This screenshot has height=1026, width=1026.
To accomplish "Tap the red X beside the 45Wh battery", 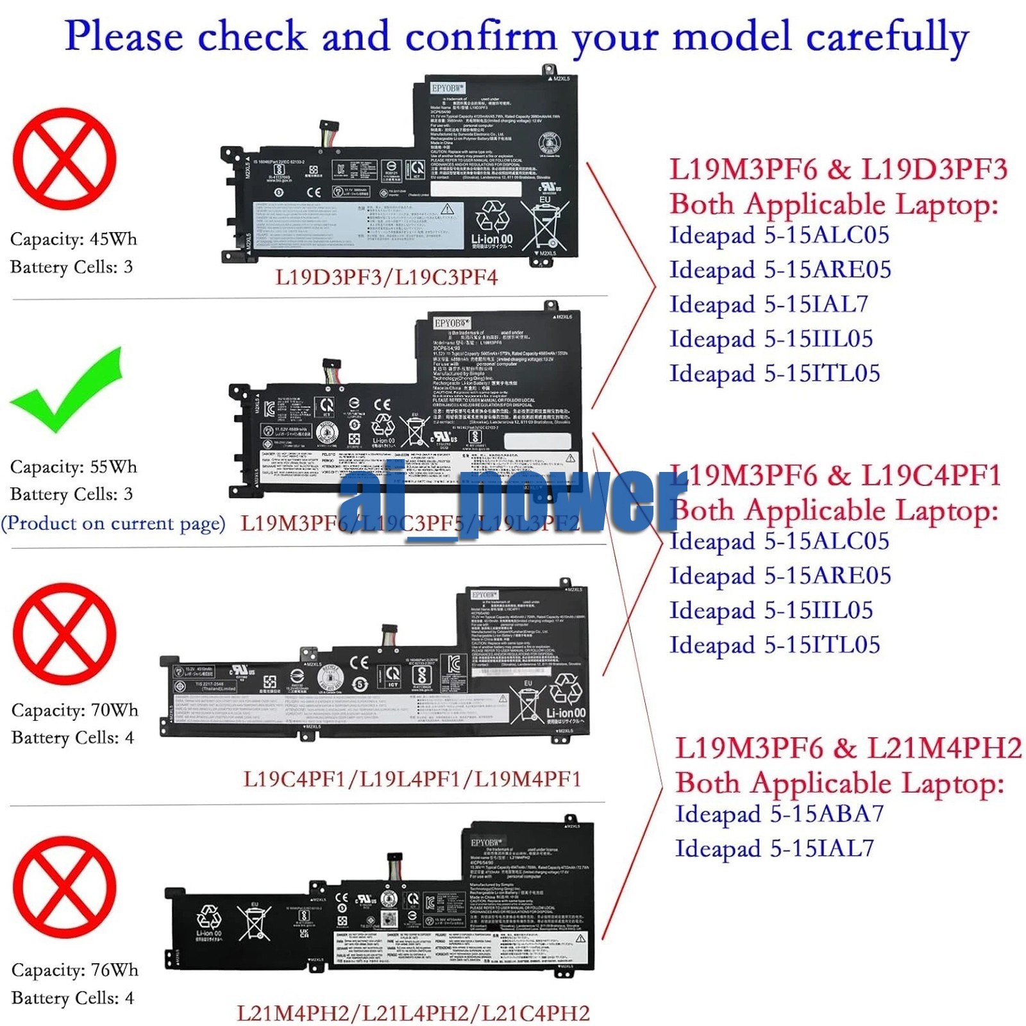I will click(x=64, y=158).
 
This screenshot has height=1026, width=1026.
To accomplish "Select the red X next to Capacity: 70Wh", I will click(x=64, y=634).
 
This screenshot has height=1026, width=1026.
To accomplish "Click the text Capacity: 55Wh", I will click(x=74, y=467).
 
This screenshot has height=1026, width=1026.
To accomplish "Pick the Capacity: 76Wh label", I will click(x=75, y=970).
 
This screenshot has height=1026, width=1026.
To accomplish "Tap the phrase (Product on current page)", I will click(x=114, y=523).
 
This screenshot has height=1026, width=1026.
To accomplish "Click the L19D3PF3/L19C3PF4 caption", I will click(x=386, y=278).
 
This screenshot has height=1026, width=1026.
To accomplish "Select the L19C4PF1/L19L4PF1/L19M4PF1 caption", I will click(x=412, y=779).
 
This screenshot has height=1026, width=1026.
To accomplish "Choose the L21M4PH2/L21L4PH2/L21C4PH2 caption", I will click(x=413, y=1013).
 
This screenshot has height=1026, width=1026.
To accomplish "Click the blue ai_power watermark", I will click(x=507, y=500).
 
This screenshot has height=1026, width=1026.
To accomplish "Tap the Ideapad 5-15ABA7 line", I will click(x=779, y=814).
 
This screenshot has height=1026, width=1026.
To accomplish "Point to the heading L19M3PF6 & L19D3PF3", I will click(x=839, y=169).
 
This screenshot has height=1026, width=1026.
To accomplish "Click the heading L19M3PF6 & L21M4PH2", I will click(x=848, y=748).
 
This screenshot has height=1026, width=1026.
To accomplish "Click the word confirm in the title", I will click(x=481, y=37).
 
